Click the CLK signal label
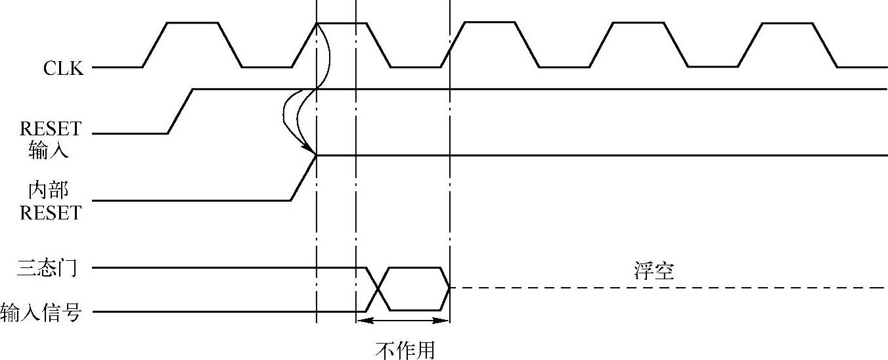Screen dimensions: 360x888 tap(64, 68)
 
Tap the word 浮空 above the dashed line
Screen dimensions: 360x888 tap(654, 271)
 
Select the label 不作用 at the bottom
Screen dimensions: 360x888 tap(405, 350)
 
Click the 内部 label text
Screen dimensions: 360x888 tap(48, 191)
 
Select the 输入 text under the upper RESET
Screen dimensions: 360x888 tap(48, 151)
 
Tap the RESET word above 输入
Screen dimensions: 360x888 tap(50, 129)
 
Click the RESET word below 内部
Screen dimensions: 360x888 tap(50, 213)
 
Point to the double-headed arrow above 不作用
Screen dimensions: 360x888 tap(403, 321)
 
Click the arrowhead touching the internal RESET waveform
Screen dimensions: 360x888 tap(311, 151)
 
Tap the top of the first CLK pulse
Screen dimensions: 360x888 tap(192, 23)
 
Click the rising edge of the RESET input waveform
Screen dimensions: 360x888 tap(181, 111)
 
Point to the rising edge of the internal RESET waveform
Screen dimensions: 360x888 tap(303, 178)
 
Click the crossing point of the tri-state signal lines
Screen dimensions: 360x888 tap(378, 289)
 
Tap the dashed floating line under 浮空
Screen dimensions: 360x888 tap(657, 288)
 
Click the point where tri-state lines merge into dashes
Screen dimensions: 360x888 tap(450, 288)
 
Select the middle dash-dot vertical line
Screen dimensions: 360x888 tap(355, 164)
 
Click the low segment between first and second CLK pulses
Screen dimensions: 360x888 tap(267, 67)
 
